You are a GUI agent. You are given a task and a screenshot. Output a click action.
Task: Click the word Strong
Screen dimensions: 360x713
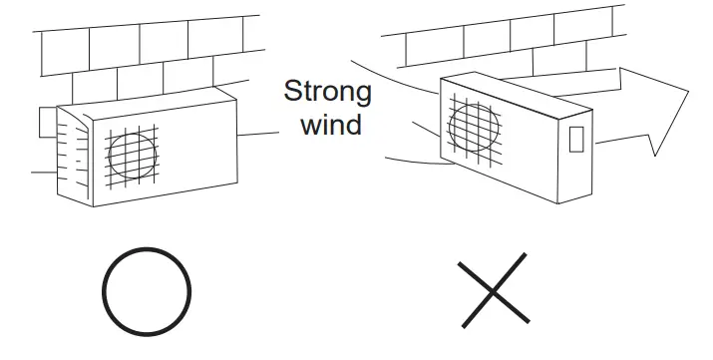tap(328, 93)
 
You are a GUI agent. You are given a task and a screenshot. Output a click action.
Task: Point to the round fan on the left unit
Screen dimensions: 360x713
tap(133, 155)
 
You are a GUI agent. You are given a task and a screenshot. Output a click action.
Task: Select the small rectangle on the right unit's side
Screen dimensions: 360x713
tap(575, 138)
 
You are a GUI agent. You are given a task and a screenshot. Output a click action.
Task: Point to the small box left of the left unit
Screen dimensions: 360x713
tap(44, 122)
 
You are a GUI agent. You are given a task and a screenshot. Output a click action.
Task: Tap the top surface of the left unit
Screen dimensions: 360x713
tap(150, 101)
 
